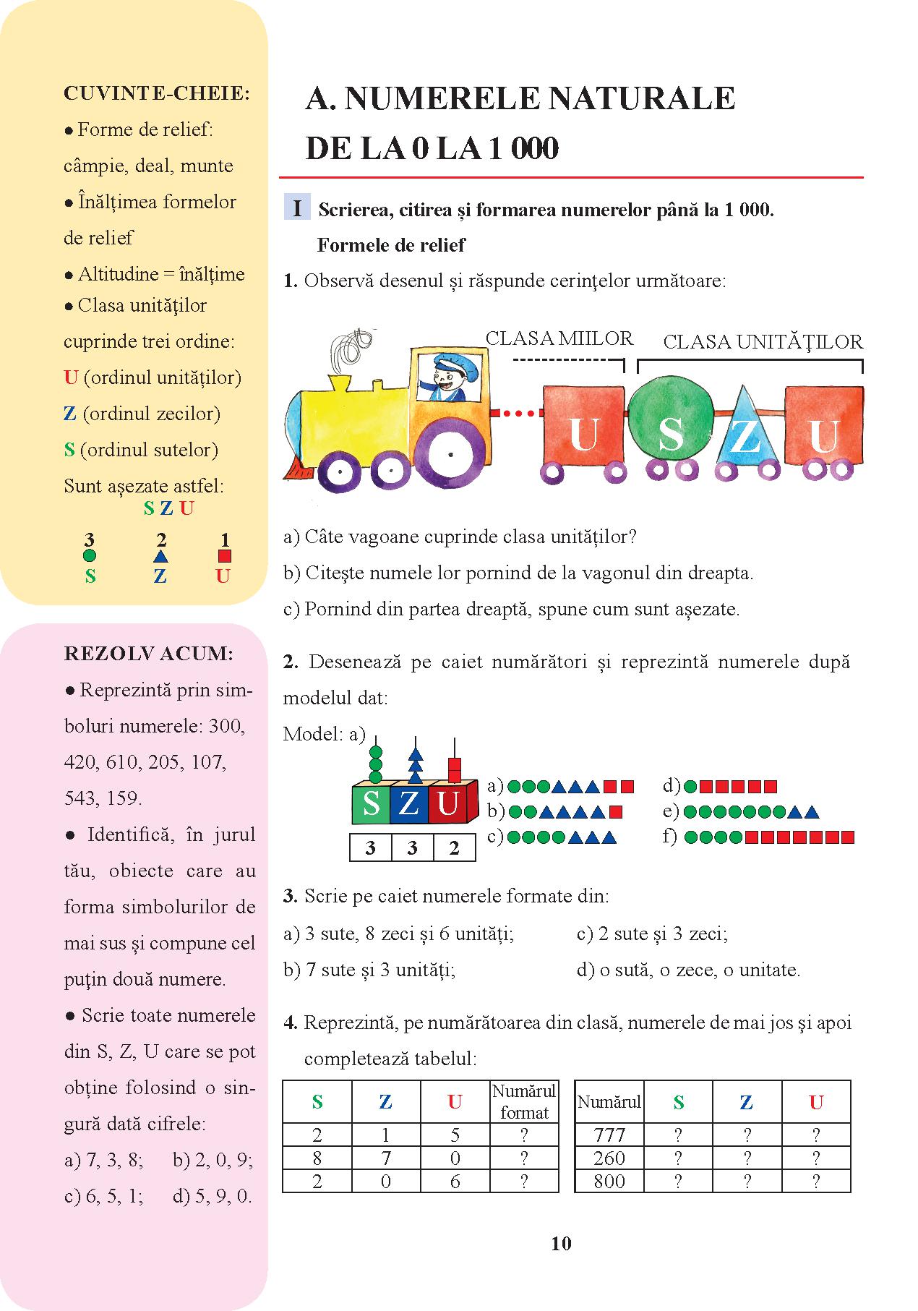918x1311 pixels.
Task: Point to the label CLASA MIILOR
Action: [559, 338]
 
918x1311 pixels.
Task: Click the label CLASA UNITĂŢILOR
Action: [763, 341]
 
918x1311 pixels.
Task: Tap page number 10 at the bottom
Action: [561, 1243]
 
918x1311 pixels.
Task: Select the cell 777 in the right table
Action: [609, 1135]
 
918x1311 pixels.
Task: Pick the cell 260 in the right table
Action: [609, 1158]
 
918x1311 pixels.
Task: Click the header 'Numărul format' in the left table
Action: [524, 1101]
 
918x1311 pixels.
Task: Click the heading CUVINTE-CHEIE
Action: [157, 93]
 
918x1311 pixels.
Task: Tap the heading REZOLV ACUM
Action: [148, 654]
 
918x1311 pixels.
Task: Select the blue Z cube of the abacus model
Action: [409, 804]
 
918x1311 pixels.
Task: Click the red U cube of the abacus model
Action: [450, 804]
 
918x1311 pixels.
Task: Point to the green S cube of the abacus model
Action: [370, 804]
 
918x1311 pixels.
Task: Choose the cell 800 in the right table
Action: [609, 1182]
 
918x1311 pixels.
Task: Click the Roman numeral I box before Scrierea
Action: [297, 208]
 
